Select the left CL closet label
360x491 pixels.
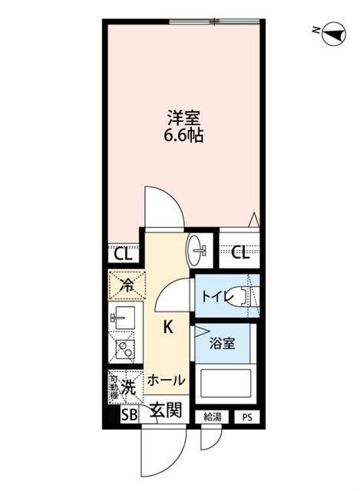point(123,254)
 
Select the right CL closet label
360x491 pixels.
point(239,254)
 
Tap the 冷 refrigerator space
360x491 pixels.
point(124,286)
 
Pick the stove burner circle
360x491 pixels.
point(122,350)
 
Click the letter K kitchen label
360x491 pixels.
point(167,328)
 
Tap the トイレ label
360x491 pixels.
point(215,297)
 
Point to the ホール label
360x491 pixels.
point(165,380)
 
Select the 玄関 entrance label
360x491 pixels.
point(165,412)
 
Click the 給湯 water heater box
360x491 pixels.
point(211,417)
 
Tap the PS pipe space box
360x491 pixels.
point(246,417)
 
